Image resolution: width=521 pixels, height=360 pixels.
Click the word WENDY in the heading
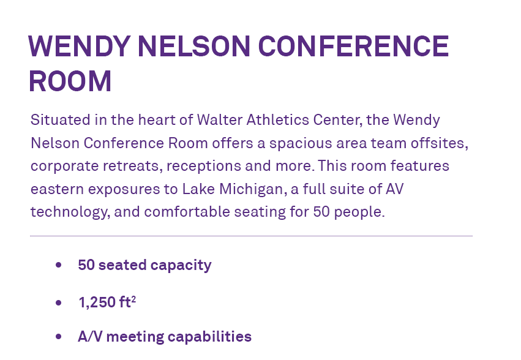79,46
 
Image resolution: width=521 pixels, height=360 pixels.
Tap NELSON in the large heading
193,46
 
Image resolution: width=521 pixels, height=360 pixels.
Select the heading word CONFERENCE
353,46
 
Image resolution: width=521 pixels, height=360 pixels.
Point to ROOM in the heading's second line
70,81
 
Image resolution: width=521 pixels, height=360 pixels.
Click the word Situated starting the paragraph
61,119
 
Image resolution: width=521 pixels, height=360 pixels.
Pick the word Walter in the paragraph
220,119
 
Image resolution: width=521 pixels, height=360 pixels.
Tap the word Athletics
278,119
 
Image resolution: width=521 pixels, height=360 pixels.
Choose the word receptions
204,166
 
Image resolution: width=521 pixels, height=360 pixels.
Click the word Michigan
251,189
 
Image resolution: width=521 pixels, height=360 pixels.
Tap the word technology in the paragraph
69,212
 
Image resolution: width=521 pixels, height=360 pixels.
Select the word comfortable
187,212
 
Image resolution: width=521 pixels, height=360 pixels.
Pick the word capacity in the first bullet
181,265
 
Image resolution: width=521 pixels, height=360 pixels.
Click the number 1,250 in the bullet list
97,302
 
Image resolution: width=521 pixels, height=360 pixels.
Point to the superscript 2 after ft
133,299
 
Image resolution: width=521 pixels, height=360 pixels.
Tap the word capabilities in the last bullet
209,336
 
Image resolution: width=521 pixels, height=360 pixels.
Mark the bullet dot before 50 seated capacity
59,265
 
